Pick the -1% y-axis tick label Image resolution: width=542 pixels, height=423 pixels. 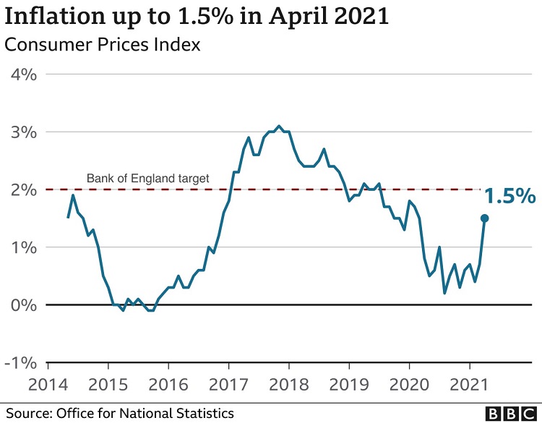coord(21,362)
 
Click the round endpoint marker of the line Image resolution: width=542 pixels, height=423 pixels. coord(484,218)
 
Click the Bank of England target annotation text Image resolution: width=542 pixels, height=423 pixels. coord(147,178)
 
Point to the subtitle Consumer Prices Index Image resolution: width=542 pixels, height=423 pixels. coord(103,45)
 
